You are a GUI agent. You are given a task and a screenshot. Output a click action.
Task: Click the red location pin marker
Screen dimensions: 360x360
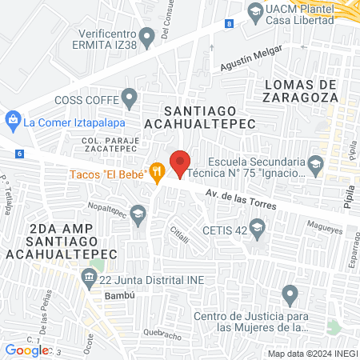coord(179,162)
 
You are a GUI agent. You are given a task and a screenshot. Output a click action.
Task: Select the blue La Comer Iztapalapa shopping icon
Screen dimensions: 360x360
coord(13,122)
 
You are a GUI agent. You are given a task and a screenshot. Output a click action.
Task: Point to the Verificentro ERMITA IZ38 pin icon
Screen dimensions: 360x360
coord(146,35)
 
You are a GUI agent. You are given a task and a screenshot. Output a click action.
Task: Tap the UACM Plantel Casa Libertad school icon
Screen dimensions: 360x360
coord(255,11)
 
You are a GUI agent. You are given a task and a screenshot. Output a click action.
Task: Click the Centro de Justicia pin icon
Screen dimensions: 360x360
coord(291,294)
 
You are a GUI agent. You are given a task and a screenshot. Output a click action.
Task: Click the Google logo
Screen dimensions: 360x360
coord(27,350)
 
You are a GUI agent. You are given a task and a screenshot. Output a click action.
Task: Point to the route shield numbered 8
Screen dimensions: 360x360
coord(230,25)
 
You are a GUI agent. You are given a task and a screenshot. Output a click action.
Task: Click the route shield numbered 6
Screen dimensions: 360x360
coord(19,153)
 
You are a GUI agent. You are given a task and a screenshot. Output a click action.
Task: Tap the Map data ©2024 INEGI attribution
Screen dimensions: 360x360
coord(311,354)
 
